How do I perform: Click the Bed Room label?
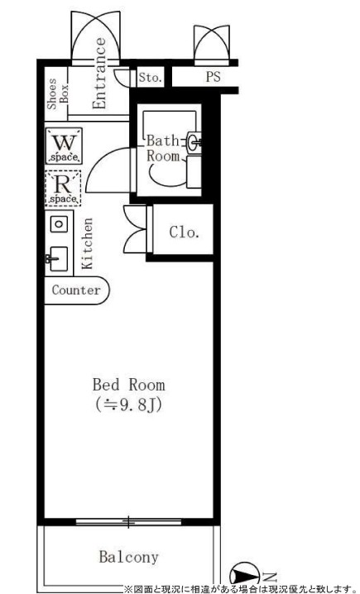coord(129,385)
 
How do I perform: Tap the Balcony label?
coord(128,557)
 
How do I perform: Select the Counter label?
coord(76,290)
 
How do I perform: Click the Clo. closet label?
coord(185,232)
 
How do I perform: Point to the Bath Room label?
coord(163,148)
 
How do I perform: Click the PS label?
coord(213,76)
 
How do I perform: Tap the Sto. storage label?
coord(150,78)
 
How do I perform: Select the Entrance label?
coord(99,73)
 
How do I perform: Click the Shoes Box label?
coord(58,93)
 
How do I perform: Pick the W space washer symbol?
coord(64,146)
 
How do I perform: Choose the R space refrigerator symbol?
coord(63,189)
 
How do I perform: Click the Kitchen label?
coord(87,243)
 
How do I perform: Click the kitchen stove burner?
coord(59,223)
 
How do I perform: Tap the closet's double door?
coord(135,229)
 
